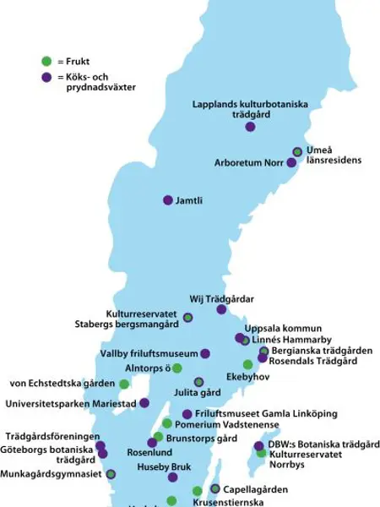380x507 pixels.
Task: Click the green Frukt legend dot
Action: click(46, 61)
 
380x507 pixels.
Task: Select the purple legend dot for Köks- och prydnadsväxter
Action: click(46, 77)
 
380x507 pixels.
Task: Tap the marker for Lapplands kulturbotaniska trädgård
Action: click(250, 127)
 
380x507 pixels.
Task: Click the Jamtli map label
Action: click(189, 200)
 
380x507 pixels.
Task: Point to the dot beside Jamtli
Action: click(168, 200)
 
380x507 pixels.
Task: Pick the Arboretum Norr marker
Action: click(291, 162)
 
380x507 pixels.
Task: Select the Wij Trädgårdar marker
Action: click(221, 309)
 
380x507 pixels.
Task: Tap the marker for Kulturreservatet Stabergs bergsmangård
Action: click(187, 318)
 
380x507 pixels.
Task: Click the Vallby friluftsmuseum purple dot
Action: click(205, 353)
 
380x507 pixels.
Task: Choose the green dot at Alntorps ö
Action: click(177, 368)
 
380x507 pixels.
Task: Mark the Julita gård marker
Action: click(199, 382)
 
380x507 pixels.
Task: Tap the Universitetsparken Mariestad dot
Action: click(144, 403)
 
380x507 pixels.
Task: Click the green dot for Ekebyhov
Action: click(247, 365)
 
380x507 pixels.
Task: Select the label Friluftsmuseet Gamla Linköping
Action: click(266, 413)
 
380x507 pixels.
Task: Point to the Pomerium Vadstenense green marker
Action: click(167, 423)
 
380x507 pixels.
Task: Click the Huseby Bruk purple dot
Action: click(172, 477)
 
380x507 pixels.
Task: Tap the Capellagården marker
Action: click(215, 488)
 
